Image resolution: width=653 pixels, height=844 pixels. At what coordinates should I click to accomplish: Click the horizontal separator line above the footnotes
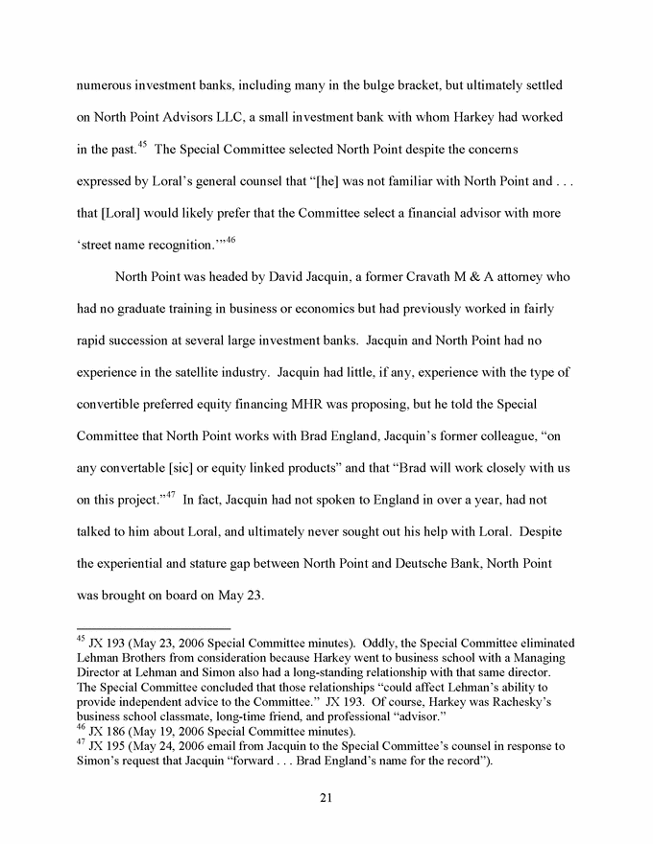153,629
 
